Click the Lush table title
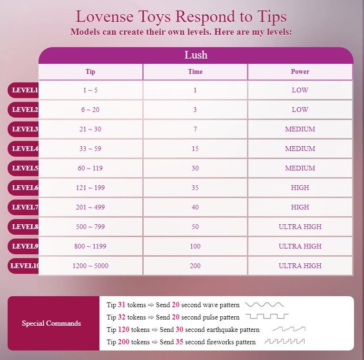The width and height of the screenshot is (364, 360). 196,55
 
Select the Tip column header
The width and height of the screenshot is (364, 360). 90,72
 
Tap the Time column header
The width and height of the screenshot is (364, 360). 195,72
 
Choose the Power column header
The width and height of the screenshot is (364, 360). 300,72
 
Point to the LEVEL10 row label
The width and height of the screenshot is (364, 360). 24,266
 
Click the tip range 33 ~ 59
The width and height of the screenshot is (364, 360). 90,149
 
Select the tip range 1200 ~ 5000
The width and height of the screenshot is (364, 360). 90,266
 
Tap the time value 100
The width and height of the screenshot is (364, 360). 195,246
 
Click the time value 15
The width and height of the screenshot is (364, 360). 195,149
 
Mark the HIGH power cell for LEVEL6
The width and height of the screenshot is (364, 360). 300,188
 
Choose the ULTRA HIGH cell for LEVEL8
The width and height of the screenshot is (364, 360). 300,227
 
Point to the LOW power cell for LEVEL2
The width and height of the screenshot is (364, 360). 300,110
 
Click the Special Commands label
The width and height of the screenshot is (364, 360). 51,323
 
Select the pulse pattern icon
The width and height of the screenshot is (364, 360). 267,317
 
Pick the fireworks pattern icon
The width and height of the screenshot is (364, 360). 285,342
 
